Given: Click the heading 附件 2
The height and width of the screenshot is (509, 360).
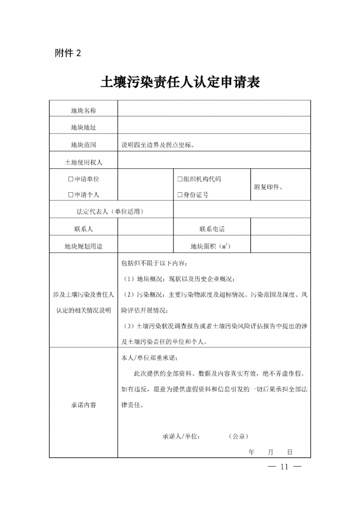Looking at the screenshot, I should coord(68,53).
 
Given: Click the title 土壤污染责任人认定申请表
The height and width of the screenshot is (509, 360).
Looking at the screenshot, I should coord(180,83).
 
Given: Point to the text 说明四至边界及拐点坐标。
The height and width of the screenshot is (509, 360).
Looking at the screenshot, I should coord(158,145).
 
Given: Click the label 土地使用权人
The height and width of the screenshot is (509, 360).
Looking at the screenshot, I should coord(84,162).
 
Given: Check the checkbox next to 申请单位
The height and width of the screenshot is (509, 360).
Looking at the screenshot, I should coord(71,179).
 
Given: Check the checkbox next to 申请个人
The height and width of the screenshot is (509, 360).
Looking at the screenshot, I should coord(71,195).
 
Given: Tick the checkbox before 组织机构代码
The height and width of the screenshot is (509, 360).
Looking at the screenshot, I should coord(180,179).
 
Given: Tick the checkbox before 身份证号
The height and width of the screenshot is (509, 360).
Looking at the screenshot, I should coord(180,195).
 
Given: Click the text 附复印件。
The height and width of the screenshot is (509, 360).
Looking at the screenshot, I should coord(269,187).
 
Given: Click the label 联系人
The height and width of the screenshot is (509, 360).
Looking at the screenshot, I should coord(84,229).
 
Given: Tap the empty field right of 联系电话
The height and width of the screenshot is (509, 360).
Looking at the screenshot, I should coord(280,229).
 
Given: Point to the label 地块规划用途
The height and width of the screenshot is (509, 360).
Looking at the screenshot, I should coord(84,246).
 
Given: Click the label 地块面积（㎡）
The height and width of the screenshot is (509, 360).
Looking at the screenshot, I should coord(211,246).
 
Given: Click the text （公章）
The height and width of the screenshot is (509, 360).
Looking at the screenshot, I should coord(238,437).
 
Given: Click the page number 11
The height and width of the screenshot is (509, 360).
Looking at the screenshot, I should coord(284,467).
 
